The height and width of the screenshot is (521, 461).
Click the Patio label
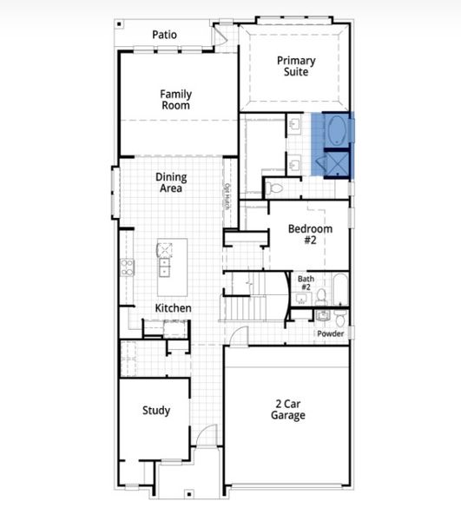164,35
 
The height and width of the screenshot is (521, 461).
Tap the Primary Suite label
296,67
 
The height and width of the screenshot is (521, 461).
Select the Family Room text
175,99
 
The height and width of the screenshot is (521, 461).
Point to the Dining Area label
171,182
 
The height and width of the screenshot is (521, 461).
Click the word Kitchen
173,308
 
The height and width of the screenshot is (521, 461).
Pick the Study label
156,411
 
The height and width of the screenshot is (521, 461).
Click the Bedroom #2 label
310,234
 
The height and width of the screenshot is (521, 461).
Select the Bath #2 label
306,283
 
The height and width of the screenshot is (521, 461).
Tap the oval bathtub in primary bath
336,132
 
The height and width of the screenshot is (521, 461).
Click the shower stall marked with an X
336,163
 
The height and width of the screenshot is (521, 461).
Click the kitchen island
163,267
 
